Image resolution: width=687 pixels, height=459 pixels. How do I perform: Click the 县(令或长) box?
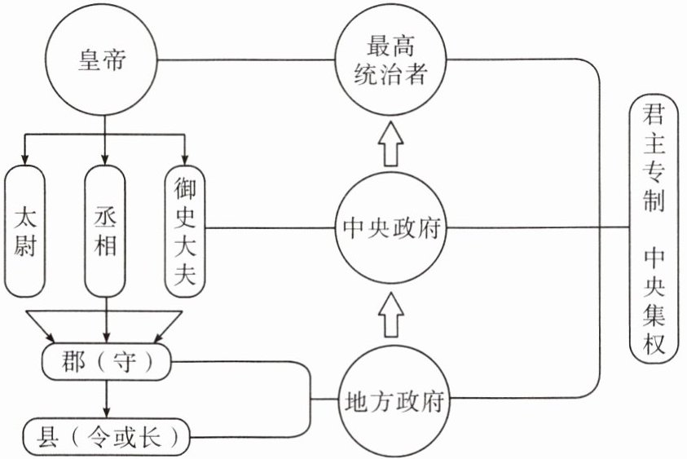coord(106,436)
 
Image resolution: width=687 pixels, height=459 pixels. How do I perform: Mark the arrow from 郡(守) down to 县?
coord(107,399)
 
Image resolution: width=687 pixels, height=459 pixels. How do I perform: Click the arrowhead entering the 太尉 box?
coord(25,159)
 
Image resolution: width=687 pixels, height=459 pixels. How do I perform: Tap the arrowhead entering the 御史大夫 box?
coord(185,159)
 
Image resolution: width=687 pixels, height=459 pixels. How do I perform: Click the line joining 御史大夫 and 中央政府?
coord(269,228)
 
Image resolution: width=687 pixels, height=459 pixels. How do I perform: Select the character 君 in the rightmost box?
coord(654,115)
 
